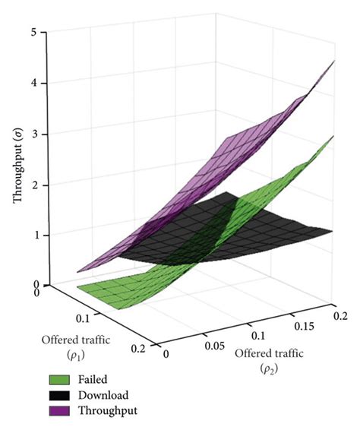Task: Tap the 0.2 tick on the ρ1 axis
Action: [137, 349]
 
